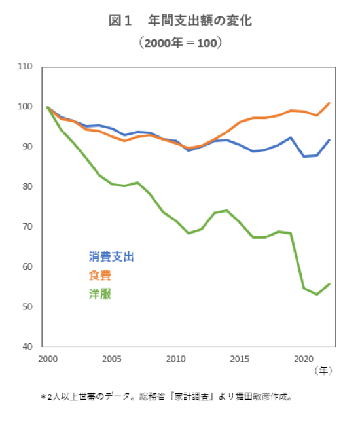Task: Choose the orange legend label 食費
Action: pyautogui.click(x=100, y=275)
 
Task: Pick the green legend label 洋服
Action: pyautogui.click(x=100, y=294)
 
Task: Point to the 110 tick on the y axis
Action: pyautogui.click(x=25, y=67)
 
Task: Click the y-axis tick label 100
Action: pyautogui.click(x=25, y=107)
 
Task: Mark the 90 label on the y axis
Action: pyautogui.click(x=27, y=147)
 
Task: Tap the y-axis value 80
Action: pyautogui.click(x=27, y=186)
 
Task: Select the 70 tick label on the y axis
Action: pyautogui.click(x=27, y=226)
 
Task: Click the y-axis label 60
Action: pyautogui.click(x=27, y=266)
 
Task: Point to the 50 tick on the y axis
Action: pyautogui.click(x=27, y=306)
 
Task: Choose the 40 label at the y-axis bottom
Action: pyautogui.click(x=27, y=346)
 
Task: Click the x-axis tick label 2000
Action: pyautogui.click(x=47, y=359)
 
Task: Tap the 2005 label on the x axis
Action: pyautogui.click(x=111, y=359)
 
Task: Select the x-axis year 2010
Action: pyautogui.click(x=175, y=359)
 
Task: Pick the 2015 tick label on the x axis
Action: pyautogui.click(x=240, y=359)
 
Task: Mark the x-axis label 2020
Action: pyautogui.click(x=304, y=359)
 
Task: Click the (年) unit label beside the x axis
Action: pyautogui.click(x=323, y=370)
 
